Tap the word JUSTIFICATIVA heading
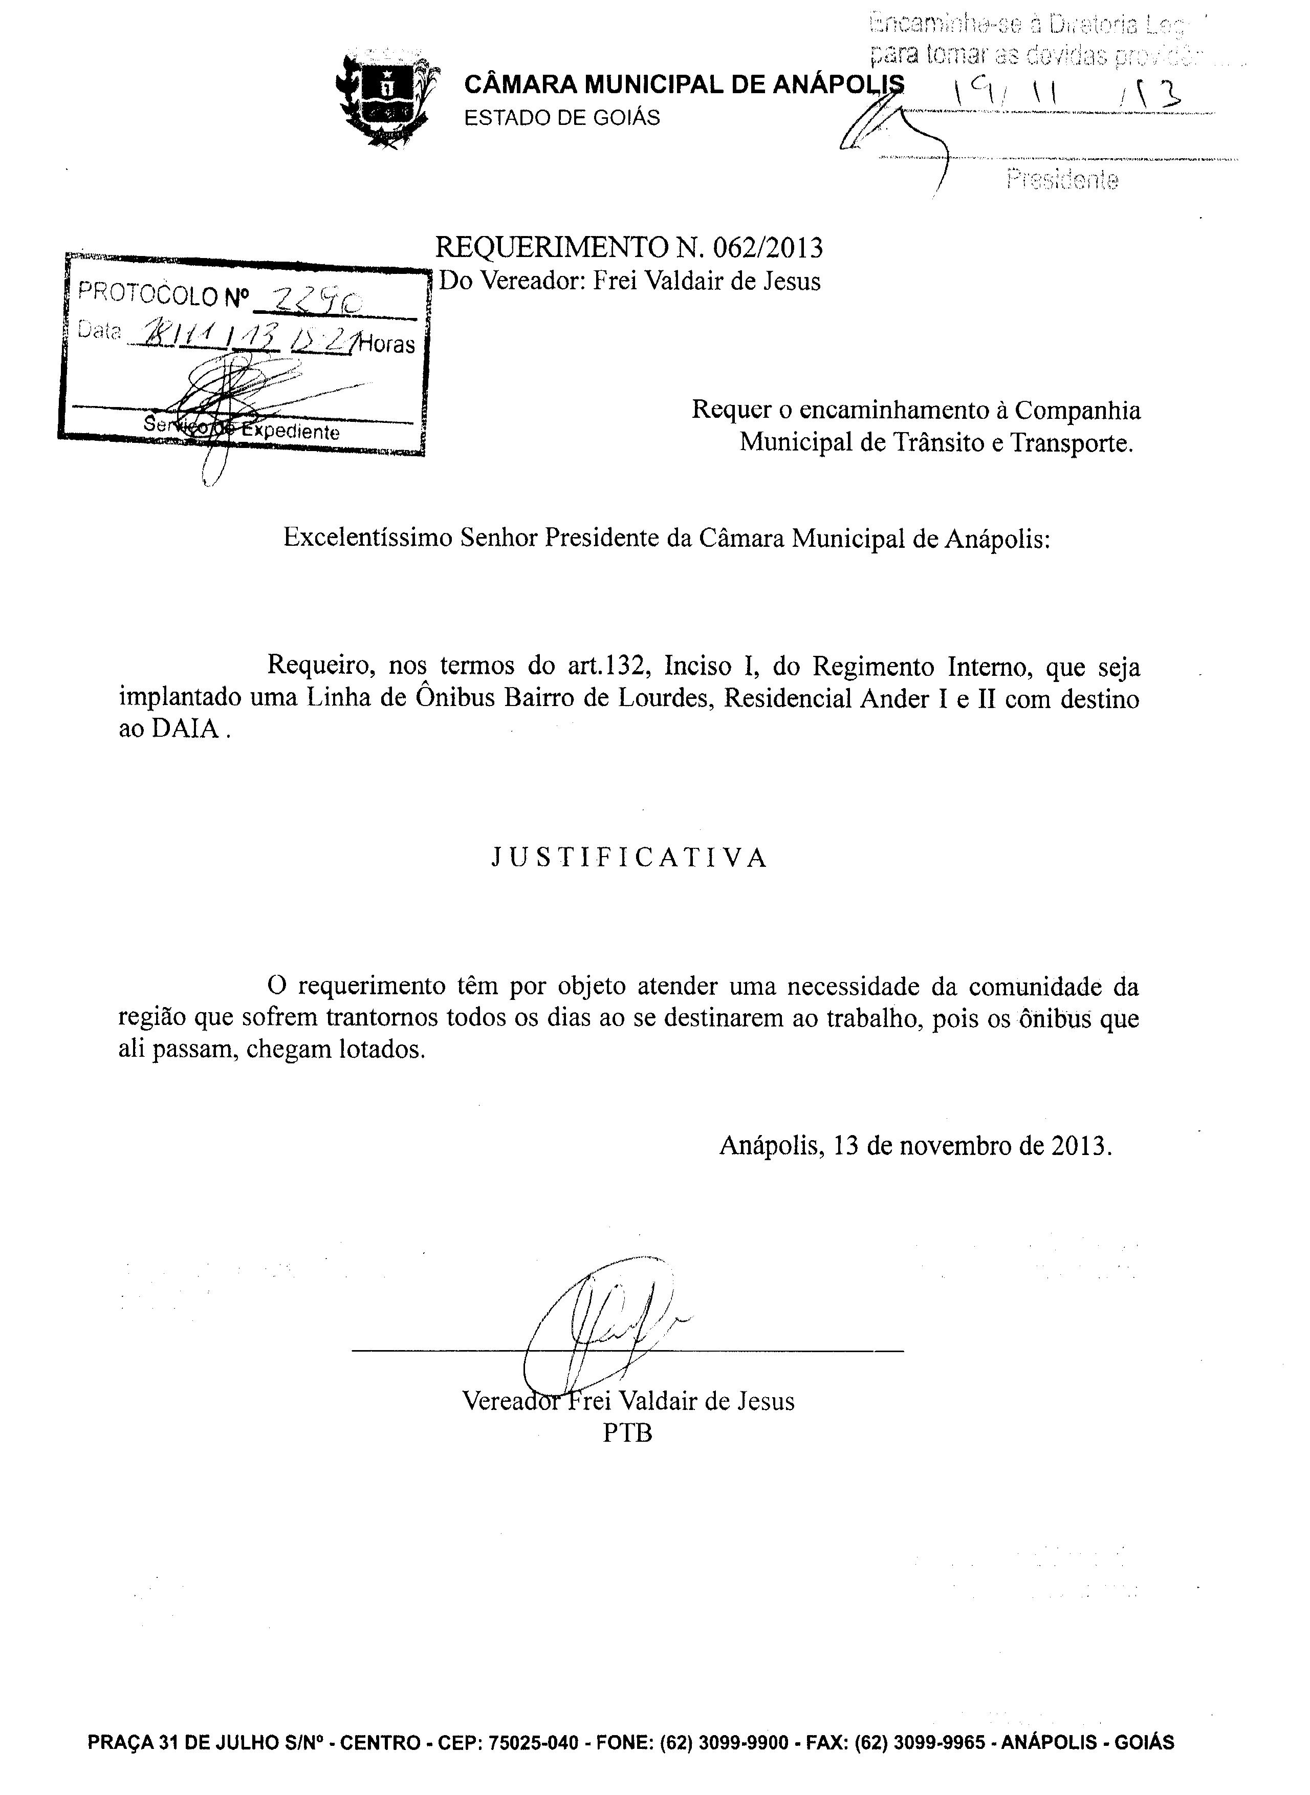click(x=629, y=858)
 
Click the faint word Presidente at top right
click(x=1063, y=180)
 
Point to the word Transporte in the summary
click(x=1072, y=442)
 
